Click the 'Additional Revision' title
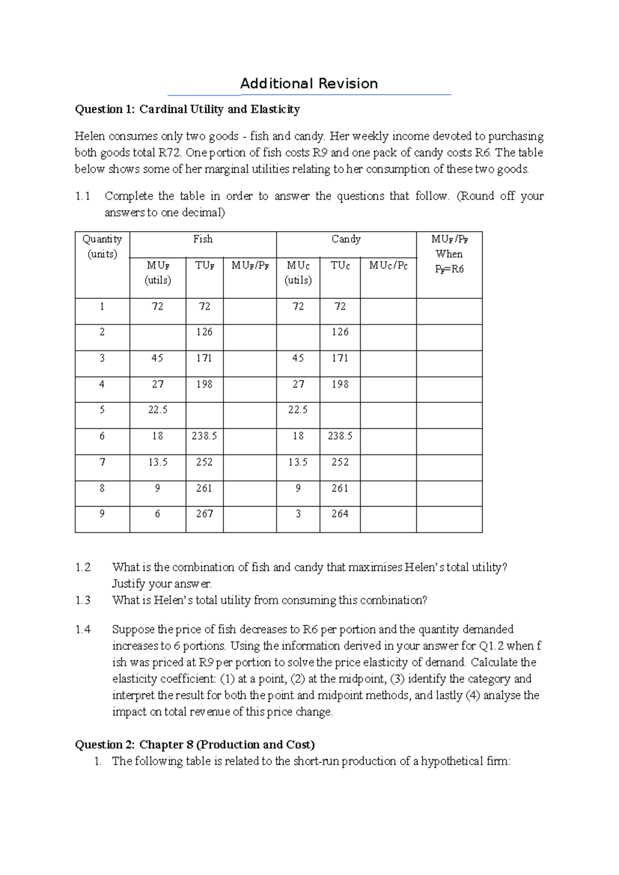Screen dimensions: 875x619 pyautogui.click(x=309, y=84)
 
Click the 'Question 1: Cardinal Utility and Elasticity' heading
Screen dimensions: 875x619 pyautogui.click(x=187, y=109)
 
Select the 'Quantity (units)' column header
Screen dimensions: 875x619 pyautogui.click(x=102, y=246)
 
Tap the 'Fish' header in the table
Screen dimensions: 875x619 pyautogui.click(x=203, y=239)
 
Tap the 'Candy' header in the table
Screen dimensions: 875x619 pyautogui.click(x=346, y=239)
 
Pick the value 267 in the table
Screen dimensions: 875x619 pyautogui.click(x=204, y=514)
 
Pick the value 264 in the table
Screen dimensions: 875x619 pyautogui.click(x=340, y=514)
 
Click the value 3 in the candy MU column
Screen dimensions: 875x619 pyautogui.click(x=298, y=514)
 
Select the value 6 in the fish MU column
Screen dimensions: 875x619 pyautogui.click(x=157, y=514)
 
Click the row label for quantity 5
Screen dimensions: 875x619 pyautogui.click(x=102, y=410)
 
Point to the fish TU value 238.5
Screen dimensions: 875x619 pyautogui.click(x=204, y=436)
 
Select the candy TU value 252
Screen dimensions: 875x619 pyautogui.click(x=340, y=462)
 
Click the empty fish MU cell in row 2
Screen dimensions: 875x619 pyautogui.click(x=157, y=337)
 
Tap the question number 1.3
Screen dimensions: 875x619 pyautogui.click(x=83, y=600)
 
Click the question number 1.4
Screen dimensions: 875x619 pyautogui.click(x=83, y=629)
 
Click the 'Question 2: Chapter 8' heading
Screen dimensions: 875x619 pyautogui.click(x=194, y=744)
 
